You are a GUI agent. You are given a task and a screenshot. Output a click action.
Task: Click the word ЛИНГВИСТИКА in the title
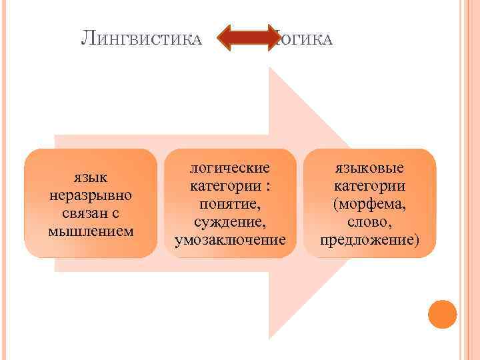pyautogui.click(x=141, y=40)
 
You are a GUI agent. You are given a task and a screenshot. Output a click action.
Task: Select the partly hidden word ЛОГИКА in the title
pyautogui.click(x=303, y=40)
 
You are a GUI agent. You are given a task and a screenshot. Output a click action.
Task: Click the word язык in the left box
pyautogui.click(x=91, y=177)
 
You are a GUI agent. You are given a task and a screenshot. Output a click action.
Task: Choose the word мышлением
pyautogui.click(x=91, y=231)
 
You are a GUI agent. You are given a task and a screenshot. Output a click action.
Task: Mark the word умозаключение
pyautogui.click(x=230, y=238)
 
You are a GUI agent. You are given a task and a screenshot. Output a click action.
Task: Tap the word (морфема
pyautogui.click(x=370, y=202)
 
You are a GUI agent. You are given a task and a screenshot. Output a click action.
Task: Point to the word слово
pyautogui.click(x=370, y=220)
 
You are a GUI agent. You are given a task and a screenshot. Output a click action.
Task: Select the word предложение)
pyautogui.click(x=370, y=238)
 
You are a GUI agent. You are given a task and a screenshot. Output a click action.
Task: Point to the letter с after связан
pyautogui.click(x=115, y=214)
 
